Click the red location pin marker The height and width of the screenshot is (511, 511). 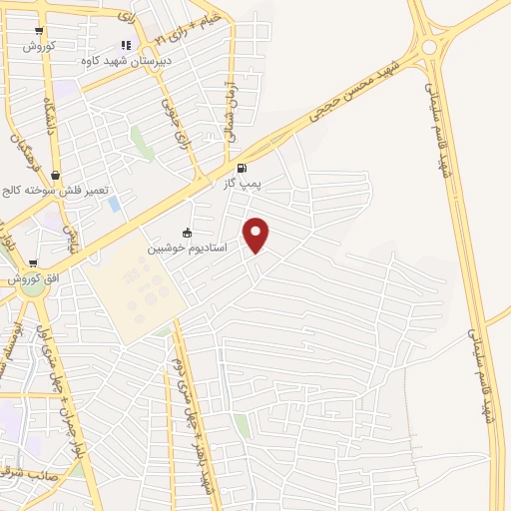257,234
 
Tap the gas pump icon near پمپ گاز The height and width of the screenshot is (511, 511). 243,169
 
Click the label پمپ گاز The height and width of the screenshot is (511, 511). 244,185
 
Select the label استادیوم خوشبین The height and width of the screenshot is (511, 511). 188,247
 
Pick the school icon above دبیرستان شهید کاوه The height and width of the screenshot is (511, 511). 126,45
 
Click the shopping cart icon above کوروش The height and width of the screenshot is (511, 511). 38,32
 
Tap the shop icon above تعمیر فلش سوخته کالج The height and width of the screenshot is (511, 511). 56,176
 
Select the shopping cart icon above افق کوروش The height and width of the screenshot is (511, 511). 33,263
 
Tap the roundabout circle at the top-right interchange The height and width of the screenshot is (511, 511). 430,45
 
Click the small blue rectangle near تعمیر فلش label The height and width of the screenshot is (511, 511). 114,204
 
